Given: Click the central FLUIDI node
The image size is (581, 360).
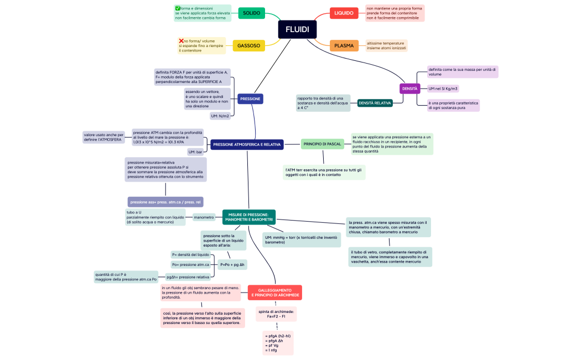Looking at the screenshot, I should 297,29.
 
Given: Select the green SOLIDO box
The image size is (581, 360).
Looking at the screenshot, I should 251,13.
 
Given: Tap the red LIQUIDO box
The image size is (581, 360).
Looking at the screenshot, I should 344,13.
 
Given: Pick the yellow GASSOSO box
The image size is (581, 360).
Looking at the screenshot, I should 248,46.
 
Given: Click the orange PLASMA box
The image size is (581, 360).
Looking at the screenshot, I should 344,46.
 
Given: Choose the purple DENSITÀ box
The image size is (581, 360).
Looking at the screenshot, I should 409,88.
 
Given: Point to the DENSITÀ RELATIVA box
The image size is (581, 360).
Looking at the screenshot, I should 375,103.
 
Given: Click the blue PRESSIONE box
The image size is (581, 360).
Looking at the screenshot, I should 250,99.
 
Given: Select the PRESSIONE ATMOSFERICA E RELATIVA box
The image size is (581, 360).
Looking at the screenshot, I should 247,144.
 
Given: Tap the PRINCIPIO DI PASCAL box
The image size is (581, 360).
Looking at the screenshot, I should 323,144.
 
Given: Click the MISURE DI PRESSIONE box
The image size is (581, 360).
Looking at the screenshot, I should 248,217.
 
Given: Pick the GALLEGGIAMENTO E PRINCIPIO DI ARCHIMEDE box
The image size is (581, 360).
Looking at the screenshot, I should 275,293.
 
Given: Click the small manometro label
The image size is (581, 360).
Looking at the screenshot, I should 204,217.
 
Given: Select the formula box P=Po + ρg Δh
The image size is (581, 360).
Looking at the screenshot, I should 233,265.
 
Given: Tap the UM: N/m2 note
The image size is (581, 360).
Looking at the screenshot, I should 220,116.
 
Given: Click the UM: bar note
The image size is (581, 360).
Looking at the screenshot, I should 195,152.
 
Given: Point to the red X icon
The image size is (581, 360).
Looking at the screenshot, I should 181,41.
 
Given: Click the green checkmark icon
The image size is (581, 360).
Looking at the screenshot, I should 178,8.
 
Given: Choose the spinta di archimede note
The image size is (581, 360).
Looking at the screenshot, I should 276,314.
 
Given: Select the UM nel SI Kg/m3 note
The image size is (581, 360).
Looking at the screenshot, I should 443,88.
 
